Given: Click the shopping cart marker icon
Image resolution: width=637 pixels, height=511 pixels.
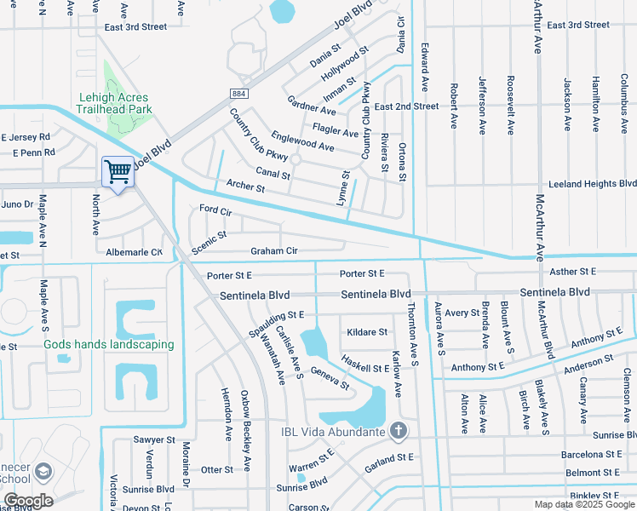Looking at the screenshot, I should (x=117, y=172).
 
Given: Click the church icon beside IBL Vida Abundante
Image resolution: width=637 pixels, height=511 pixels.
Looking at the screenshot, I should (x=397, y=431).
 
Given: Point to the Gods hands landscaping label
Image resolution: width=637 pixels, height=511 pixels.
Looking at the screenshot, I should (x=109, y=345).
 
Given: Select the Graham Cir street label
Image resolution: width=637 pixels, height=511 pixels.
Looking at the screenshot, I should (x=273, y=251).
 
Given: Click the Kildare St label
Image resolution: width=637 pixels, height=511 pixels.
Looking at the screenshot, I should (x=367, y=332).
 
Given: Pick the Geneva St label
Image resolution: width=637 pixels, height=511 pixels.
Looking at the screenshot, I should (x=330, y=378).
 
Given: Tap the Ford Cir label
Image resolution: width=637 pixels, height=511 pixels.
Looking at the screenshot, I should (x=215, y=209).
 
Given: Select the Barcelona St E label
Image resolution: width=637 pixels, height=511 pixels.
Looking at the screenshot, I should (x=593, y=455).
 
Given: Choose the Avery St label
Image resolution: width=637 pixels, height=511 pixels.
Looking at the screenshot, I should (x=462, y=313).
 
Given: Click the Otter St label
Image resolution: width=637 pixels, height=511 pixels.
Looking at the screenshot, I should (x=216, y=470).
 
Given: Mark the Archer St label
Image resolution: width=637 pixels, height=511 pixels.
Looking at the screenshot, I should (x=246, y=185).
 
